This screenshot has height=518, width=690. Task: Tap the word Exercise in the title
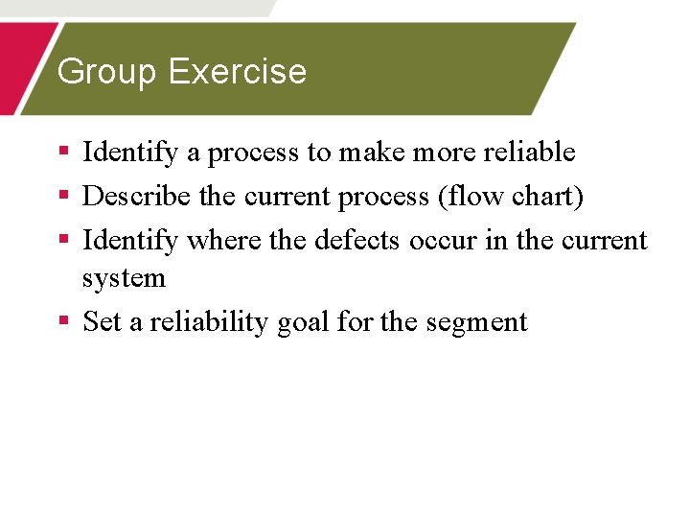[x=238, y=72]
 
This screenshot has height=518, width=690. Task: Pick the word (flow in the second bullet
[x=468, y=196]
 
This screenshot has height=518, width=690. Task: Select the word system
[x=124, y=278]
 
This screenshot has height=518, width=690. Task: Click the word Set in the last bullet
[x=103, y=321]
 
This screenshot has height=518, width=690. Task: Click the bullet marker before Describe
[x=63, y=195]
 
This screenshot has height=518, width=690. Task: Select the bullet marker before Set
[x=63, y=320]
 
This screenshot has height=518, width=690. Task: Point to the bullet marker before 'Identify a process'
[x=63, y=151]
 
